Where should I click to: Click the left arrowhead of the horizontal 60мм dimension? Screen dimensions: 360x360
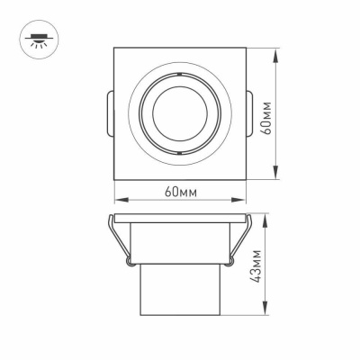117,200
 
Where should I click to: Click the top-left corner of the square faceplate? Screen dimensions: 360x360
115,49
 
